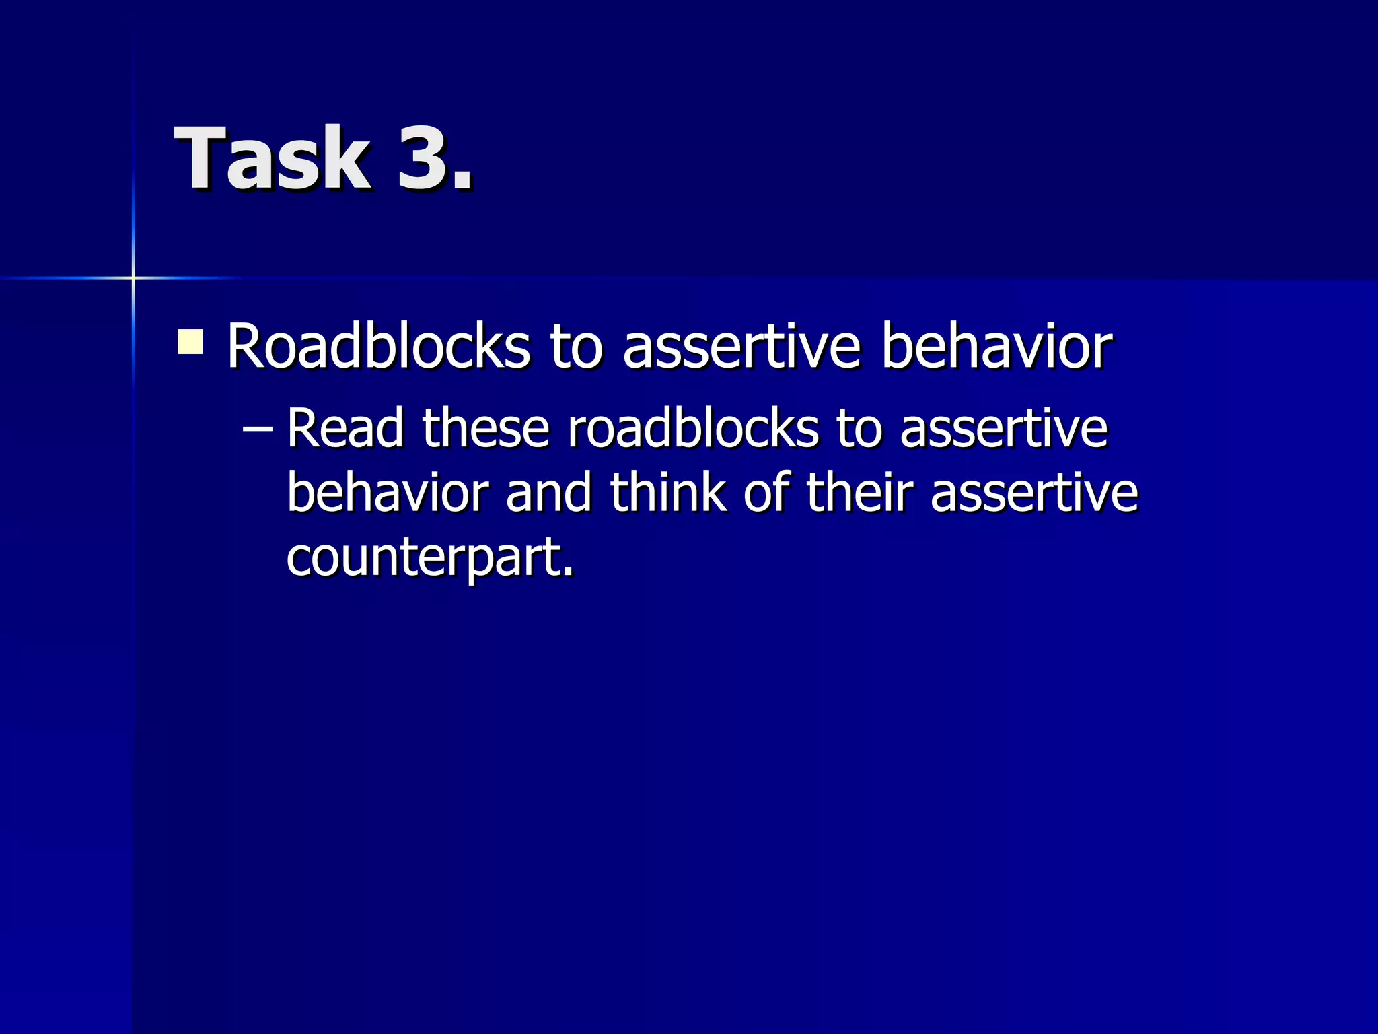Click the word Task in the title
coord(273,159)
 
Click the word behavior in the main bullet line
coord(996,347)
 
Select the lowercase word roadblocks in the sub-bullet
coord(693,429)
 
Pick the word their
coord(859,493)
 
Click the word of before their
coord(766,493)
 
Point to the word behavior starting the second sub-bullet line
coord(387,493)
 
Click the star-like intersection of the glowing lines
coord(133,277)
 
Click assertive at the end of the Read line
coord(1003,429)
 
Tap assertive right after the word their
coord(1034,493)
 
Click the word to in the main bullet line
coord(576,347)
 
